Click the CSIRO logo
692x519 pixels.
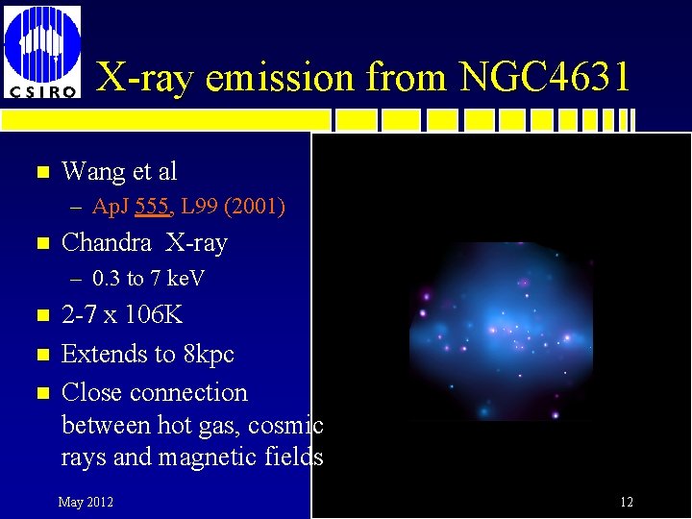click(42, 52)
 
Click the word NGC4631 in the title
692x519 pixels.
click(545, 77)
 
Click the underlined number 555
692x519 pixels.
click(154, 206)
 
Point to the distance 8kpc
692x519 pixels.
click(206, 354)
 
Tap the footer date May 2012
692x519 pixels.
click(86, 502)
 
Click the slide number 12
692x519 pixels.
click(626, 502)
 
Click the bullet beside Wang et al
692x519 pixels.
click(39, 173)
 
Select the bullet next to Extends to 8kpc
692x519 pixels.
click(39, 355)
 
